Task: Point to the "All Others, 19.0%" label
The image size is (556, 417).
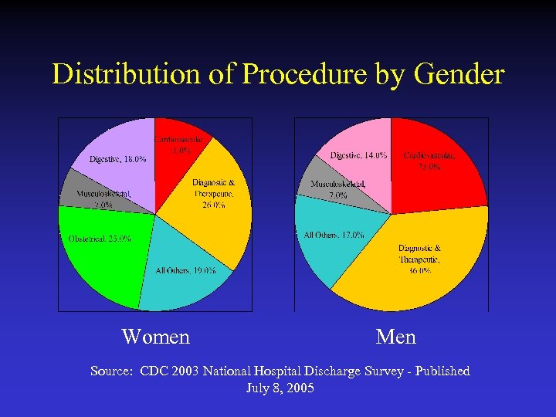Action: [185, 270]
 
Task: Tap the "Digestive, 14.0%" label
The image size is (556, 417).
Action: [358, 155]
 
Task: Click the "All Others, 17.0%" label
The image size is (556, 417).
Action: [334, 235]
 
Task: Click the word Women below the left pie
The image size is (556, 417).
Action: [155, 337]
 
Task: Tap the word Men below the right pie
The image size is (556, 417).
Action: [395, 337]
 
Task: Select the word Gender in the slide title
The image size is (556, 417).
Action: [459, 75]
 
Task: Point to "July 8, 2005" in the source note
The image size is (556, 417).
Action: [280, 388]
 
